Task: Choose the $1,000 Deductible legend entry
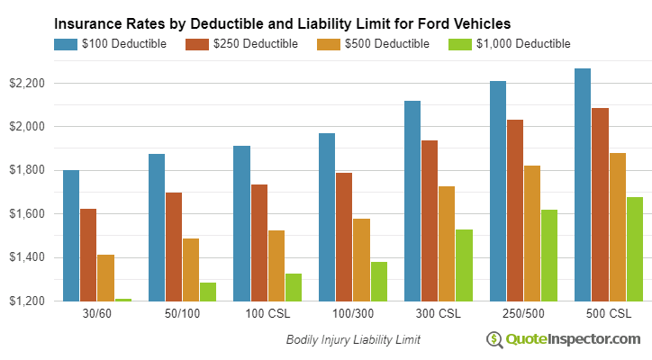point(509,43)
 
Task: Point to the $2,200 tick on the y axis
point(27,83)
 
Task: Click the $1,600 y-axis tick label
point(27,214)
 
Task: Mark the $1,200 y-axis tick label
point(27,301)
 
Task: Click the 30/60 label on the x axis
point(96,314)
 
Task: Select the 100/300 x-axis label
point(352,314)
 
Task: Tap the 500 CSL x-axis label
point(609,314)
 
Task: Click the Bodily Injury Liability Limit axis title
point(353,340)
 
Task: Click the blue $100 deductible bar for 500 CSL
point(583,184)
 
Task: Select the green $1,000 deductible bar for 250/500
point(549,256)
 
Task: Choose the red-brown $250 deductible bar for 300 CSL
point(430,220)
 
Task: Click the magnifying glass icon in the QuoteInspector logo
point(494,339)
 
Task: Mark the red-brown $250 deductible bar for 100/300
point(344,237)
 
